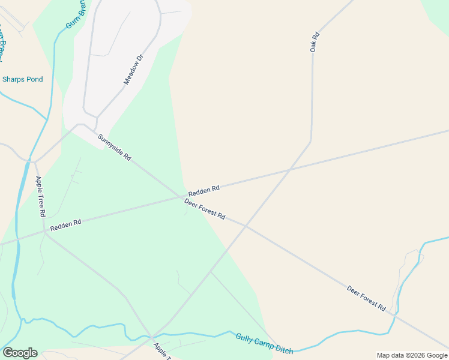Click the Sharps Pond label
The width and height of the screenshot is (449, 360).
pos(23,79)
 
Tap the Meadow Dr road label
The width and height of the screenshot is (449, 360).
pos(133,70)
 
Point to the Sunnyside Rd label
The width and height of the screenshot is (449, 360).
pos(114,147)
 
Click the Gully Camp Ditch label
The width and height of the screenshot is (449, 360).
pos(264,344)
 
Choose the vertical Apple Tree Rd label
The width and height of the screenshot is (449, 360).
pos(41,197)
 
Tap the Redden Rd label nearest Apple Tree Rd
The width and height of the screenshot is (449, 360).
pos(65,225)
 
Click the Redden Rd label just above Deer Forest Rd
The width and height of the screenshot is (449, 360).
pos(203,191)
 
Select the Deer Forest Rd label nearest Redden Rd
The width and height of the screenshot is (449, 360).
pos(205,208)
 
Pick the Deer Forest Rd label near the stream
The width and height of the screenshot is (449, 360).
pos(366,298)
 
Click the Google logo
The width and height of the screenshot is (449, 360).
pos(20,353)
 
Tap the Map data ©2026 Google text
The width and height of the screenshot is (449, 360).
pos(412,355)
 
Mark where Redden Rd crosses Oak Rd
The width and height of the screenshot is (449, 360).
pos(291,169)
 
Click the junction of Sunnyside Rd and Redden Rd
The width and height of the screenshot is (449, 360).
pos(185,196)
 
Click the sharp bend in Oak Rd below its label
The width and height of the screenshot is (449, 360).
pos(311,142)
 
